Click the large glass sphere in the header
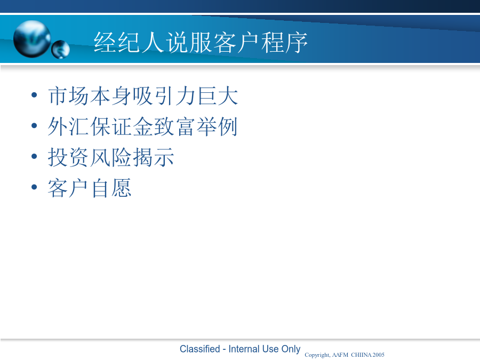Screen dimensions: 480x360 [32, 39]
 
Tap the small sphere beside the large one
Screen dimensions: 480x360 [61, 49]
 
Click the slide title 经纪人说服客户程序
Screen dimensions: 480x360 [201, 42]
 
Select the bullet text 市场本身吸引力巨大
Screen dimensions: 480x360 [143, 96]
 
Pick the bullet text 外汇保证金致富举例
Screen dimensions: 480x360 [142, 126]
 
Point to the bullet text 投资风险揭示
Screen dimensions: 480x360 [111, 157]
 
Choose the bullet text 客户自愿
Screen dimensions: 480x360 [90, 188]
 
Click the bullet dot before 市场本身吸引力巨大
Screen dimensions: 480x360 [34, 95]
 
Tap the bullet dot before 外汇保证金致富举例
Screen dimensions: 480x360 [34, 125]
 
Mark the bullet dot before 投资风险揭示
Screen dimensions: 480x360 [34, 156]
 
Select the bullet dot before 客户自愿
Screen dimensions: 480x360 [34, 187]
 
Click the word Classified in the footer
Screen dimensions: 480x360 [199, 349]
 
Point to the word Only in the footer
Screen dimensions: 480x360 [291, 349]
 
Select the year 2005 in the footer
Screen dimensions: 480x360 [378, 355]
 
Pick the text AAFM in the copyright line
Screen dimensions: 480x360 [340, 355]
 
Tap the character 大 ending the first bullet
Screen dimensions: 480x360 [228, 96]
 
